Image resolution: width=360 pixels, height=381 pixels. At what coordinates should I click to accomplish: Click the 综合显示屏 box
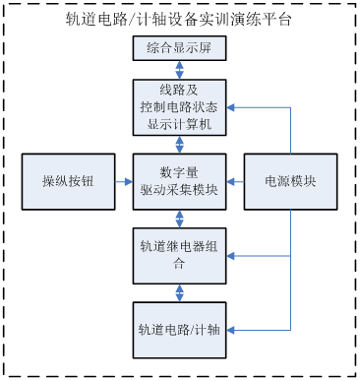click(179, 49)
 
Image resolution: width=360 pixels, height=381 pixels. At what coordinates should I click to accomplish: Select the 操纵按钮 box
click(67, 181)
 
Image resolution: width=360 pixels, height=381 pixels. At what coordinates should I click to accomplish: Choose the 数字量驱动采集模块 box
click(179, 181)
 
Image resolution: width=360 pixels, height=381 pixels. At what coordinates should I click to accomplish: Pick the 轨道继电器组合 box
click(179, 255)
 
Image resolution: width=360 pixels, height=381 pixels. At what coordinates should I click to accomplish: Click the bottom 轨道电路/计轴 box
click(179, 329)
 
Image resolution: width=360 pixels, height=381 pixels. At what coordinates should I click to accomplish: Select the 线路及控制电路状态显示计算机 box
click(179, 107)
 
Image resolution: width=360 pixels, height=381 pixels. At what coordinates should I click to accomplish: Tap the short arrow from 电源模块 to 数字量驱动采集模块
click(235, 181)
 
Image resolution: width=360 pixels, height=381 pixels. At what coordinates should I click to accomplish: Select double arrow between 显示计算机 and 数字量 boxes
click(179, 144)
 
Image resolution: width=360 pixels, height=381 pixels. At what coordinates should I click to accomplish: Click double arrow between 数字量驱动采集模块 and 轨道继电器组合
click(179, 218)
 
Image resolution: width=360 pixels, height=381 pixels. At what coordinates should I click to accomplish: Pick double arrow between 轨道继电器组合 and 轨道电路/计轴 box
click(179, 292)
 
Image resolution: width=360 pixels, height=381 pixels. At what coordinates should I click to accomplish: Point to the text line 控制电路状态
click(179, 107)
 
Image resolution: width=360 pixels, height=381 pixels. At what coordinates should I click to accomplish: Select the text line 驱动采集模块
click(179, 191)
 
